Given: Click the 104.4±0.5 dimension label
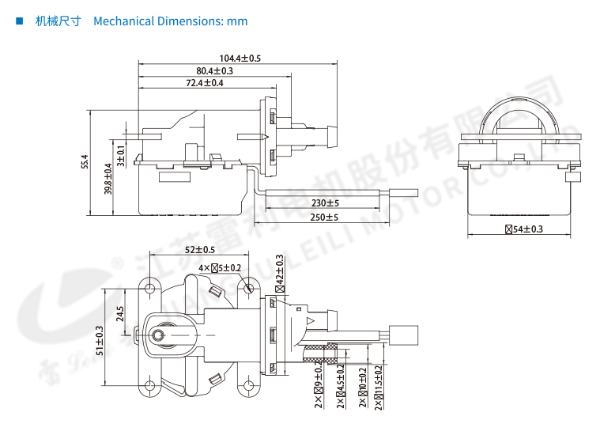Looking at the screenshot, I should tap(240, 59).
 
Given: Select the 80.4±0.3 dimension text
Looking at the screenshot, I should tap(215, 71).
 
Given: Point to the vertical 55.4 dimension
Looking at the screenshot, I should tap(85, 162).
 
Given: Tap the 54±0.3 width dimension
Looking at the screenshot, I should tap(524, 229).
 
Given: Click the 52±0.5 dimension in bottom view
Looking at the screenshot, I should tap(200, 250).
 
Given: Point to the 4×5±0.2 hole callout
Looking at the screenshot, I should tap(221, 268).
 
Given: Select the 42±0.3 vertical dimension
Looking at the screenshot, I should tap(279, 270).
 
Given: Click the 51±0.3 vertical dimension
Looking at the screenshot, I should tap(100, 341).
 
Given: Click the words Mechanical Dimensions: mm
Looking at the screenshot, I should tap(170, 21).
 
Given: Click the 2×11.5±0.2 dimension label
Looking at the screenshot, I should tap(379, 387).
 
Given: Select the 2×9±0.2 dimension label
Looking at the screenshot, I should tap(318, 387).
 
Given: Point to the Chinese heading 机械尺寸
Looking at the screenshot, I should tap(58, 21).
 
